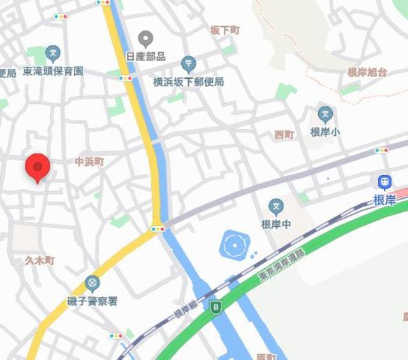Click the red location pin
point(38,168)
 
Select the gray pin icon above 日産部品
point(146,39)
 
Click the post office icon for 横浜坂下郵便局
point(188,64)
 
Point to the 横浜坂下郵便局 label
point(189,82)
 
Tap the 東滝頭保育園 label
point(53,71)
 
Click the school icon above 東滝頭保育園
point(53,54)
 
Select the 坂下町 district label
point(225,30)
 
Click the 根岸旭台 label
point(367,72)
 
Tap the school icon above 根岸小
point(326,115)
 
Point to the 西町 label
point(284,134)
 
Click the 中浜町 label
point(89,162)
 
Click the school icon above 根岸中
point(275,206)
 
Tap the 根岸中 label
point(275,224)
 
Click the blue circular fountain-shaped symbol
point(234,244)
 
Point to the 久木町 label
point(40,260)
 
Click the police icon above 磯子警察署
point(92,283)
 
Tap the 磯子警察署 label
point(92,300)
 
